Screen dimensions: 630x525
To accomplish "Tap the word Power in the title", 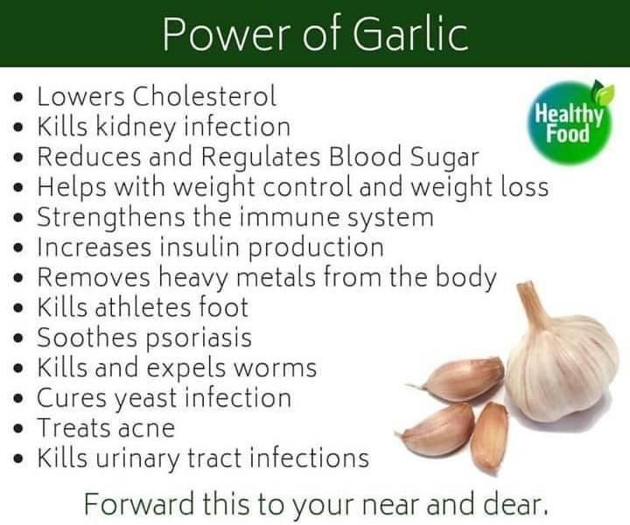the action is click(x=227, y=34).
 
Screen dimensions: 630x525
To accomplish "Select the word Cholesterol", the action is click(x=205, y=96).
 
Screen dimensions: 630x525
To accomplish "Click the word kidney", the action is click(x=136, y=128).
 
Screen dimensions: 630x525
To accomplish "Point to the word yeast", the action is click(x=146, y=399).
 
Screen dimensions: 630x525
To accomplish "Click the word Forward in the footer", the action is click(x=138, y=504).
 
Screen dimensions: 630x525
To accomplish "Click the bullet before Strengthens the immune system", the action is click(x=17, y=218).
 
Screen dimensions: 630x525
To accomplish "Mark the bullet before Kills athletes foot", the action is click(x=17, y=309).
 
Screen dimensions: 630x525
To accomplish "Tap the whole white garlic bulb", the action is click(x=563, y=361).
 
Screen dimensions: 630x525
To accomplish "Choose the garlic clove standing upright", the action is click(x=489, y=437).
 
